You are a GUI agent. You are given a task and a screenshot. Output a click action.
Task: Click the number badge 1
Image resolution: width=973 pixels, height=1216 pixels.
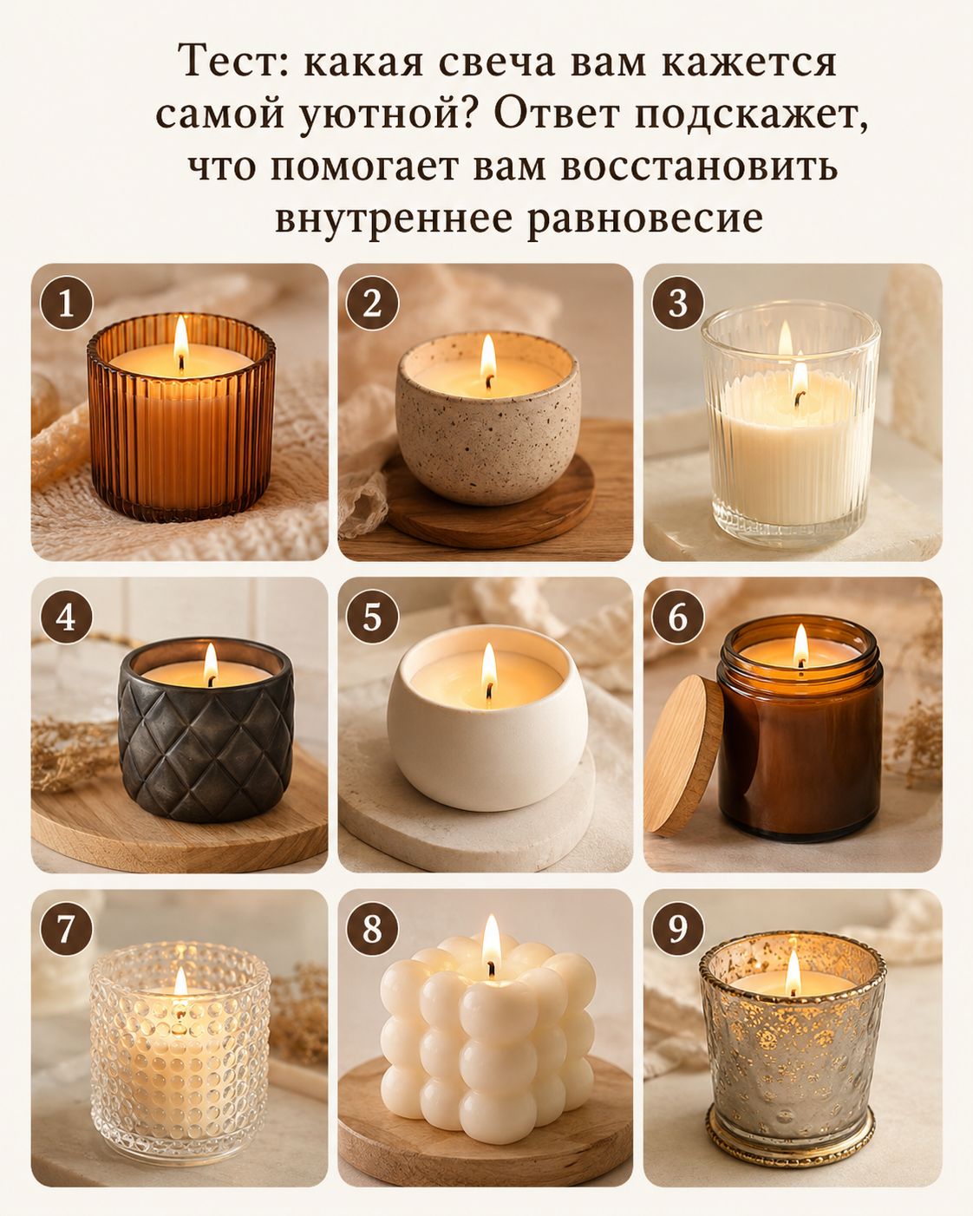click(x=66, y=304)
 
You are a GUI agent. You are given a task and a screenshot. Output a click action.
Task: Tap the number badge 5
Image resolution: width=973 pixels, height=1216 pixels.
click(x=372, y=617)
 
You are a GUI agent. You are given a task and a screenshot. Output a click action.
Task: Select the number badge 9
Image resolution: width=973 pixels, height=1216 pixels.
click(x=677, y=930)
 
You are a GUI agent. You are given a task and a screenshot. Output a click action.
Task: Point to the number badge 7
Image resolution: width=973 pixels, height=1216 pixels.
click(x=66, y=930)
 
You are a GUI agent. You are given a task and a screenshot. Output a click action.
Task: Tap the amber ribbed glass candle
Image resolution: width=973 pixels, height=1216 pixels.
click(x=181, y=417)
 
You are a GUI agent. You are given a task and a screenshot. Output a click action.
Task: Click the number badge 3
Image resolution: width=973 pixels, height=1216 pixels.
click(x=677, y=304)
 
